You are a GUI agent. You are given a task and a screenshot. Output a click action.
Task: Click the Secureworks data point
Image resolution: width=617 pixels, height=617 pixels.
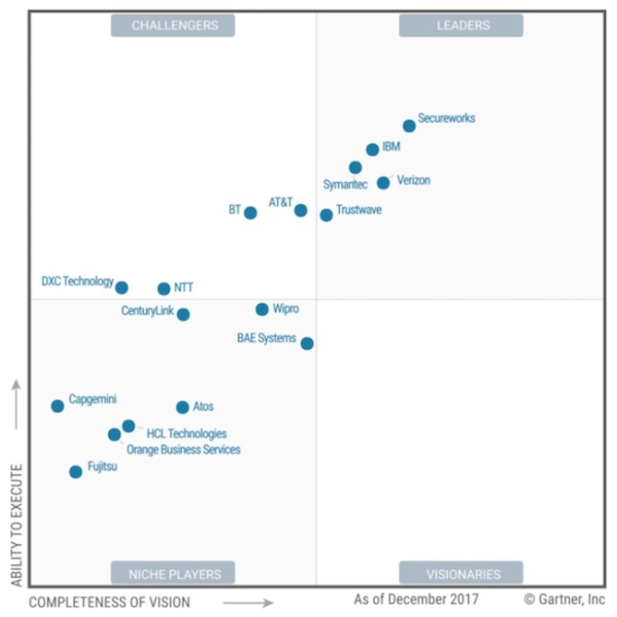click(x=409, y=126)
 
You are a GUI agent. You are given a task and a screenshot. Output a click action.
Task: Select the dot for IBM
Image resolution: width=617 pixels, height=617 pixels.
click(x=372, y=149)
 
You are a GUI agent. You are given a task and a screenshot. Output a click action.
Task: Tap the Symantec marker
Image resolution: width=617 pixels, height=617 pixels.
click(x=356, y=167)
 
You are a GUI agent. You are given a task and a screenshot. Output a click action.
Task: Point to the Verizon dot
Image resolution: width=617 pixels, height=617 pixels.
click(x=383, y=183)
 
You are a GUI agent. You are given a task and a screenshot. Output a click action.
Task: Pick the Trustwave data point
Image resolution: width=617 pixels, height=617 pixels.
click(x=326, y=215)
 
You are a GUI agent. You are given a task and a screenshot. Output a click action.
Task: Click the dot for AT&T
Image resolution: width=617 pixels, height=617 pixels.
click(x=300, y=211)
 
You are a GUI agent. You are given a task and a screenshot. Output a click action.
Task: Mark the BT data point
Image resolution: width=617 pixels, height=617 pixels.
click(x=250, y=212)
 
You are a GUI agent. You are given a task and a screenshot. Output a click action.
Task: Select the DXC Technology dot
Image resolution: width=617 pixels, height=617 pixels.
click(x=121, y=287)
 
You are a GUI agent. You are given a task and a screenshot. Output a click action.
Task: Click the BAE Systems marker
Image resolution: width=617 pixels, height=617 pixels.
click(x=307, y=344)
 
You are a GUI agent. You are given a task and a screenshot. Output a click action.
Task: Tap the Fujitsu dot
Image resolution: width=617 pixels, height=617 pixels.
click(x=76, y=472)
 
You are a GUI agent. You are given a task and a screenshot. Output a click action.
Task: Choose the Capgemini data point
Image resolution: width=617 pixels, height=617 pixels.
click(x=57, y=405)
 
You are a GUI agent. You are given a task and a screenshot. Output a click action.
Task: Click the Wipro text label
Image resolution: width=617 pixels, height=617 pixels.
click(x=285, y=308)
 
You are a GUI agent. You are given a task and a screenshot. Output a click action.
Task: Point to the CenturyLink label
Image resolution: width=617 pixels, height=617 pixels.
click(x=147, y=310)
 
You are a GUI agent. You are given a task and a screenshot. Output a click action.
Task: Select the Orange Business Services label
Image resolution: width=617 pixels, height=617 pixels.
click(x=183, y=450)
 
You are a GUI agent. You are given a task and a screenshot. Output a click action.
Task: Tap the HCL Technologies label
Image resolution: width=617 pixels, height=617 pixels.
click(x=187, y=433)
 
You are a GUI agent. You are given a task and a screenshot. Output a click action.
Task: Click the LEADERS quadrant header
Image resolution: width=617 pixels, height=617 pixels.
click(x=461, y=26)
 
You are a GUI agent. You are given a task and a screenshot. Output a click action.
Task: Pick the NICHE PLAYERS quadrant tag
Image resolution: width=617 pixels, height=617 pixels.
click(x=173, y=573)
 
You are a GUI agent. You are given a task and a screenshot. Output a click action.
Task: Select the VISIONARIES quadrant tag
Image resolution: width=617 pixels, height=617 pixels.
click(x=461, y=573)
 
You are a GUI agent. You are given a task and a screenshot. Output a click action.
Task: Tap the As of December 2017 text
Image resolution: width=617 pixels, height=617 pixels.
click(x=416, y=599)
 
